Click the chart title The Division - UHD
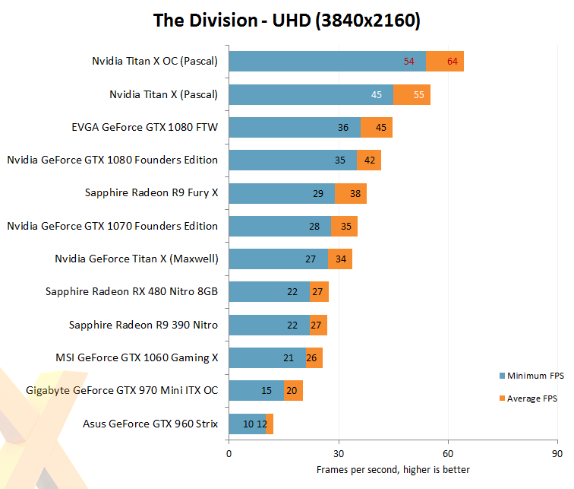click(287, 20)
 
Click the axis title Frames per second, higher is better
click(393, 469)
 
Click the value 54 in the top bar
click(409, 62)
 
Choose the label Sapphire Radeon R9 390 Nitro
click(143, 325)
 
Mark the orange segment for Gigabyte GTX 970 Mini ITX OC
click(293, 391)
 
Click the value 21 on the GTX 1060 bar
click(289, 357)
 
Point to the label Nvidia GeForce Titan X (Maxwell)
click(137, 259)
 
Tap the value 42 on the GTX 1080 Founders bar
click(370, 160)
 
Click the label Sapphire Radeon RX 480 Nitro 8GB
click(131, 291)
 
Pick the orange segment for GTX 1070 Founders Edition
click(344, 226)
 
